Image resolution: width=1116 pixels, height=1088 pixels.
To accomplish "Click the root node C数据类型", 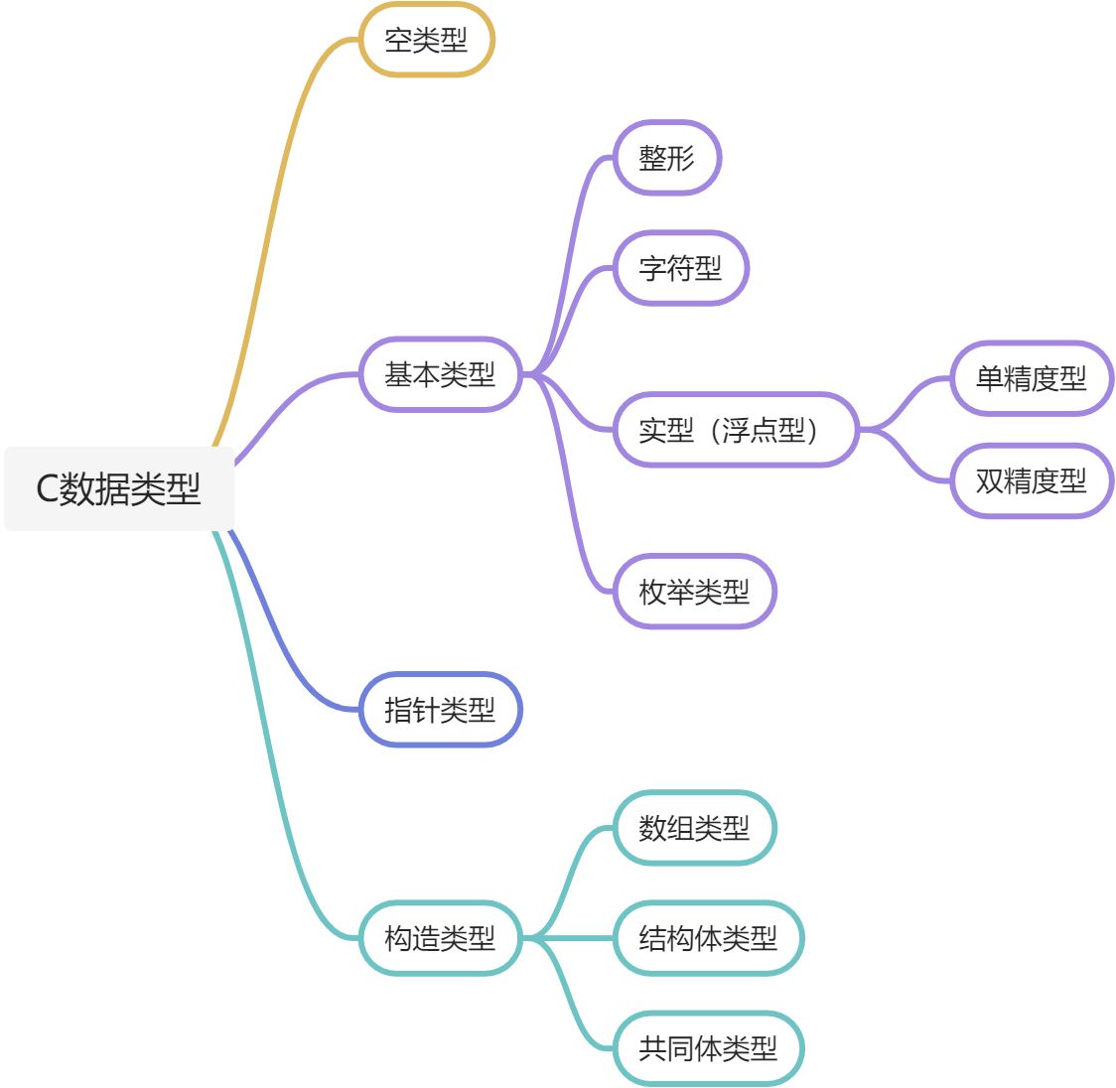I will pyautogui.click(x=119, y=488).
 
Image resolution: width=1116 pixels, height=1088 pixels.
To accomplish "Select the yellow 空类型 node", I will pyautogui.click(x=426, y=40).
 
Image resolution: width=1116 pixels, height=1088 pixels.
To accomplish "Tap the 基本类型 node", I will pyautogui.click(x=440, y=374).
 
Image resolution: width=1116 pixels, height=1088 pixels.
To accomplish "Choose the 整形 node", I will pyautogui.click(x=666, y=158).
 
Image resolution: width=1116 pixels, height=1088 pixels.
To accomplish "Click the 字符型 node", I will pyautogui.click(x=680, y=268).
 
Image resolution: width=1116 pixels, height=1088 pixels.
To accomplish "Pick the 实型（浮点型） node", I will pyautogui.click(x=735, y=430).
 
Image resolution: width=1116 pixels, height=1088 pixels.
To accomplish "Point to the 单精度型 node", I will pyautogui.click(x=1032, y=378).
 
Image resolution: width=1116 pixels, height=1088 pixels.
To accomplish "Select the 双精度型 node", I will pyautogui.click(x=1032, y=481).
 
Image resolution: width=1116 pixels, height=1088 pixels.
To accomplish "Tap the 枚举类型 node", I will pyautogui.click(x=694, y=592).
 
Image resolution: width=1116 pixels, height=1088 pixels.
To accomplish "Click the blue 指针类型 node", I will pyautogui.click(x=440, y=710).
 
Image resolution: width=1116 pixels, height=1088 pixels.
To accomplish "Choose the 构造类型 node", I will pyautogui.click(x=440, y=938).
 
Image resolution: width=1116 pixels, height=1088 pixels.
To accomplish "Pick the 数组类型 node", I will pyautogui.click(x=694, y=828).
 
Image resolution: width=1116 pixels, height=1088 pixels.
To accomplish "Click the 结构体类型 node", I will pyautogui.click(x=708, y=938).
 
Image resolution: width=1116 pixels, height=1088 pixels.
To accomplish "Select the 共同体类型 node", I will pyautogui.click(x=708, y=1048).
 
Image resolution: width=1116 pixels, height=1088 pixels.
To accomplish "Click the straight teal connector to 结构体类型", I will pyautogui.click(x=576, y=938).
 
